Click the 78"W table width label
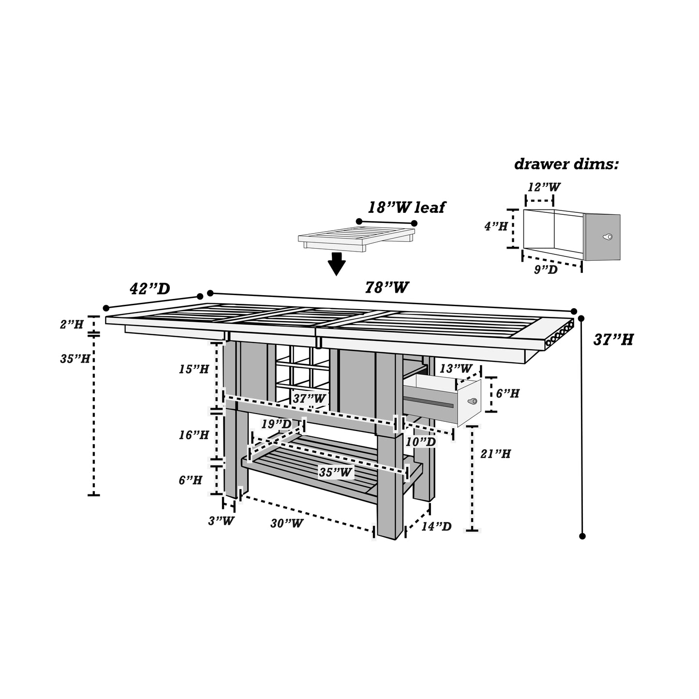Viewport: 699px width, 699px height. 387,287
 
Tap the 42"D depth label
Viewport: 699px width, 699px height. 150,289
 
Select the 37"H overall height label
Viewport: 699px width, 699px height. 613,340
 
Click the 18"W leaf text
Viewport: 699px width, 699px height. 406,208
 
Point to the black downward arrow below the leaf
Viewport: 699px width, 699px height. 337,264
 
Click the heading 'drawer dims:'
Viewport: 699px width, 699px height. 566,164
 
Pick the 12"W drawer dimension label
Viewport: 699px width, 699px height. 544,187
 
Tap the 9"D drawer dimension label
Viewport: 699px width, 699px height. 546,269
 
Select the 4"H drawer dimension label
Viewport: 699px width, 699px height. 496,226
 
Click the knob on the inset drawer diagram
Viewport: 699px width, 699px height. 608,237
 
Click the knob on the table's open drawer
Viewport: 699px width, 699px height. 472,401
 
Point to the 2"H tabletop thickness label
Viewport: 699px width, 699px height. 72,324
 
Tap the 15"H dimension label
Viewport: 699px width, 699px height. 193,369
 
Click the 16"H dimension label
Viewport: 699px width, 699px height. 193,435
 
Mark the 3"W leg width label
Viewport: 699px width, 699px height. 221,521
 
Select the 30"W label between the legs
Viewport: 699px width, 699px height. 287,523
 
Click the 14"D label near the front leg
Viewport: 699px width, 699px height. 436,526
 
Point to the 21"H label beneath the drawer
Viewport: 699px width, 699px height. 495,454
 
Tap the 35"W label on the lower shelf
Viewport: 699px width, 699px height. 335,472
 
